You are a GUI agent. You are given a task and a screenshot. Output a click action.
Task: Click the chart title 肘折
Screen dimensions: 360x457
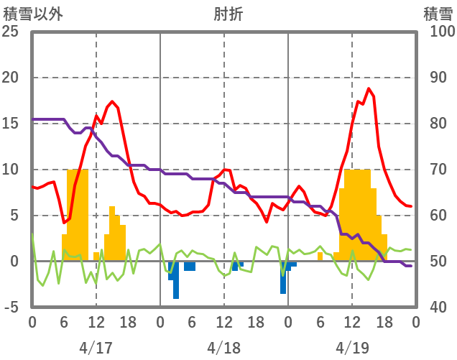(228, 14)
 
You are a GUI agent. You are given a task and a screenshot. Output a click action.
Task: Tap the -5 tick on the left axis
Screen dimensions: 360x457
(12, 308)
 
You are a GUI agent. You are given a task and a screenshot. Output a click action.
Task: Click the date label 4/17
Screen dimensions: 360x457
(96, 348)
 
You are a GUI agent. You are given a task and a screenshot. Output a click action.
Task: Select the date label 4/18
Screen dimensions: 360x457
(223, 348)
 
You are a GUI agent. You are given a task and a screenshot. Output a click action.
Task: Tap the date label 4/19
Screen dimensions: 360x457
(351, 348)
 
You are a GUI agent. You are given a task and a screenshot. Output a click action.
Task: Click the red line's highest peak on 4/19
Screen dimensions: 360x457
(369, 88)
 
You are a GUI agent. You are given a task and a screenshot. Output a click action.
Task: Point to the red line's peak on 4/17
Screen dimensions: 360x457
(112, 101)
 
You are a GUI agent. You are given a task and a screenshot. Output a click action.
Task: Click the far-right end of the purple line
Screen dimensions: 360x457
(410, 266)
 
